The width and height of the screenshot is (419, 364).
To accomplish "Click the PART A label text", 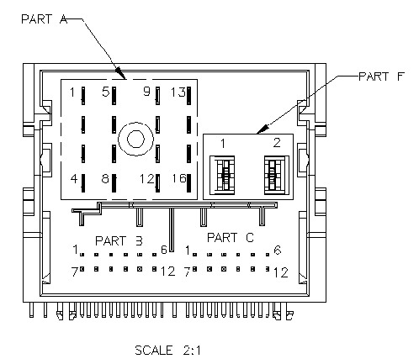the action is [x=45, y=19].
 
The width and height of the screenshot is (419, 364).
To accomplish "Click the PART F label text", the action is [x=382, y=76].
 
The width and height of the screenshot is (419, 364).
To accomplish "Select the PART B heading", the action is [x=119, y=241].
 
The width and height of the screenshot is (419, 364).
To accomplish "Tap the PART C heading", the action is [x=231, y=238].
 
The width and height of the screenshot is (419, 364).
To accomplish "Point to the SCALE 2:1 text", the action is [x=167, y=351].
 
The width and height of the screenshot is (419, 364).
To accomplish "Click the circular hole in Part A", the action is [x=136, y=139].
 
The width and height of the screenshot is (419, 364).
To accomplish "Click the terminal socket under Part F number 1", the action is [x=222, y=176].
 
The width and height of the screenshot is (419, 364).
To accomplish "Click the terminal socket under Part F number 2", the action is [x=277, y=176].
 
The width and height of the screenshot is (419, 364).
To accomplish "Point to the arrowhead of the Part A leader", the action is [x=121, y=73].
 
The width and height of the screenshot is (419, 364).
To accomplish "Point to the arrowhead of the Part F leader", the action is [x=263, y=129].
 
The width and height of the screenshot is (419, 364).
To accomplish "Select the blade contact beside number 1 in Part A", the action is [x=83, y=96].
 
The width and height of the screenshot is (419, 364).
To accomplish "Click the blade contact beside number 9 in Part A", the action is [x=157, y=96].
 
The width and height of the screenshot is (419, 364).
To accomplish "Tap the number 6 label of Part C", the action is [x=278, y=250].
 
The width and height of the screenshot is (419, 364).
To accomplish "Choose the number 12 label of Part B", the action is [x=167, y=272].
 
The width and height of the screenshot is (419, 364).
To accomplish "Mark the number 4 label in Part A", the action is [x=74, y=178].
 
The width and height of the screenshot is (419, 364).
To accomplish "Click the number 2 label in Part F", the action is [x=277, y=143].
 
